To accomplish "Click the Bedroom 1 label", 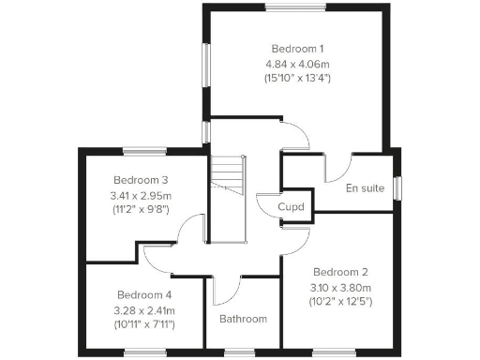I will pyautogui.click(x=297, y=48).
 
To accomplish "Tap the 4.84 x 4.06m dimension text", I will pyautogui.click(x=297, y=64).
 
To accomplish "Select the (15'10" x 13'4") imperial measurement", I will pyautogui.click(x=297, y=80).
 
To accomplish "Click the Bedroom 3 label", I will pyautogui.click(x=141, y=180).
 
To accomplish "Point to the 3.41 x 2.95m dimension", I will pyautogui.click(x=141, y=195).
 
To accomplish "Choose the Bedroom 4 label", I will pyautogui.click(x=143, y=293).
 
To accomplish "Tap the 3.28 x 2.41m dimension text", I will pyautogui.click(x=143, y=309).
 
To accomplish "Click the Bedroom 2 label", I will pyautogui.click(x=341, y=271).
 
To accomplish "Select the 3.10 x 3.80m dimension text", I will pyautogui.click(x=341, y=287).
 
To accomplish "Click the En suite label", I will pyautogui.click(x=365, y=187).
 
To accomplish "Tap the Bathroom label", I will pyautogui.click(x=243, y=319).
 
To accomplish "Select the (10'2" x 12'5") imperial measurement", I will pyautogui.click(x=341, y=302).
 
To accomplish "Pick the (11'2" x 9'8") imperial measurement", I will pyautogui.click(x=141, y=210).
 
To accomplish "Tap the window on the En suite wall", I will pyautogui.click(x=397, y=187).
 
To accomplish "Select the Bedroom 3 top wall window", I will pyautogui.click(x=144, y=151).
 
